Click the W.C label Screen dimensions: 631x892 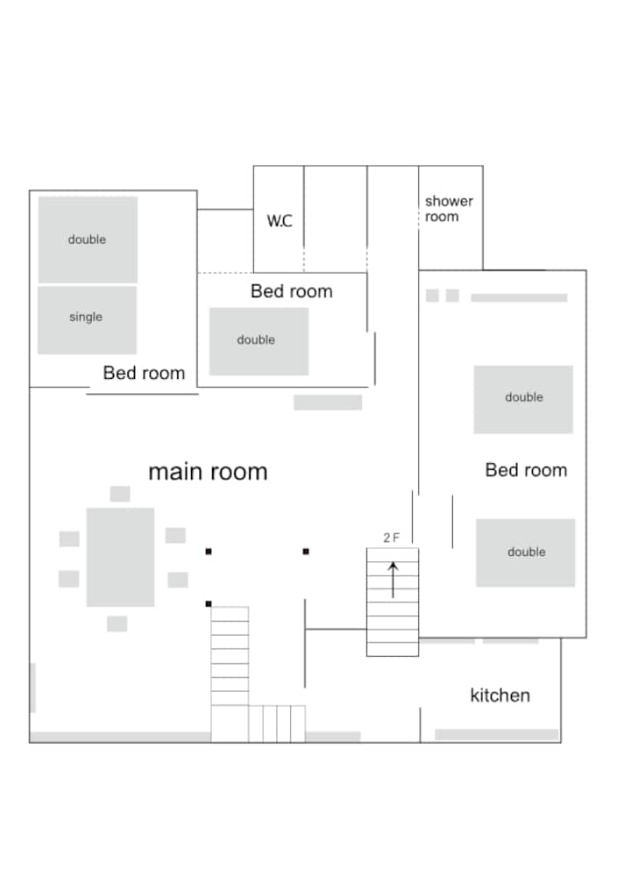point(280,221)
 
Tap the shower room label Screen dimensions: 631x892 point(449,209)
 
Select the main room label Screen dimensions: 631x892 point(208,472)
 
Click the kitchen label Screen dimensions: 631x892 point(500,695)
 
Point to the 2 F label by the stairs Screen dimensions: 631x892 point(391,538)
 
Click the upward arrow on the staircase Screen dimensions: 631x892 point(393,580)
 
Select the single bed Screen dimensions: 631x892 point(87,320)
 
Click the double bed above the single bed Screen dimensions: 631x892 point(88,239)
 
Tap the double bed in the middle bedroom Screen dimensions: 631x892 point(259,341)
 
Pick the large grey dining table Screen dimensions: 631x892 point(120,557)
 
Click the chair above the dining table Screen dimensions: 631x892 point(120,493)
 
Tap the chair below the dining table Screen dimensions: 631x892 point(117,624)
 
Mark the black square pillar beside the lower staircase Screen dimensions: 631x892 point(209,603)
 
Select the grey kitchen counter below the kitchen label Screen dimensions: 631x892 point(496,734)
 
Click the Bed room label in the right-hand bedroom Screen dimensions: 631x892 point(526,470)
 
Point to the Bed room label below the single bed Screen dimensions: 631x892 point(144,373)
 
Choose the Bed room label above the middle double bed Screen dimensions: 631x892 point(292,291)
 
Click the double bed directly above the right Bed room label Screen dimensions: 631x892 point(523,399)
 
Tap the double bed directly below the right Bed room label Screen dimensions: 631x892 point(525,553)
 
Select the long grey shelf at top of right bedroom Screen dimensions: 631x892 point(519,297)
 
